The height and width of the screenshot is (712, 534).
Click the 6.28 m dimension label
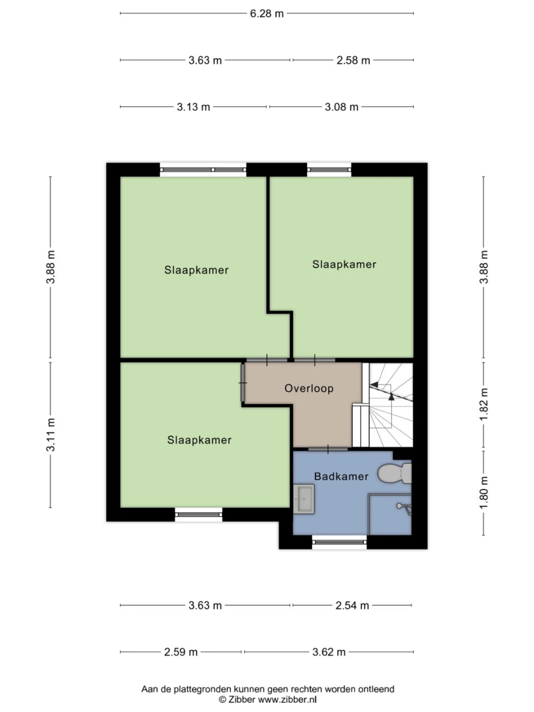coord(266,13)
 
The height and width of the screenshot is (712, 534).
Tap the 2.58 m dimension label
coord(353,60)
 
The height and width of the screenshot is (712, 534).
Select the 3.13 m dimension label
coord(193,107)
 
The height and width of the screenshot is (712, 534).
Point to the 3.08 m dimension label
coord(342,107)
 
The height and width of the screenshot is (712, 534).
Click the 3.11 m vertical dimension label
coord(51,434)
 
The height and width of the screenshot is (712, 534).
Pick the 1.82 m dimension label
coord(484,404)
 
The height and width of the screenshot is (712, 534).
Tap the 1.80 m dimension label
coord(484,492)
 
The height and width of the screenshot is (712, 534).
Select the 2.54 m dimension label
coord(352,605)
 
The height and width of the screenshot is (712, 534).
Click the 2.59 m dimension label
coord(181,652)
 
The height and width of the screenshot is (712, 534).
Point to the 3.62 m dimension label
coord(329,652)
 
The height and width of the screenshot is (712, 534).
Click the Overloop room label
coord(309,388)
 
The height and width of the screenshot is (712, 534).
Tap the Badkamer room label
coord(341,476)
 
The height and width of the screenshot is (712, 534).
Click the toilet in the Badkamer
coord(394,473)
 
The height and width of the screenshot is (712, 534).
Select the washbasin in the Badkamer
coord(304,499)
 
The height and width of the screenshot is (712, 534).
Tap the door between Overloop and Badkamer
coord(328,449)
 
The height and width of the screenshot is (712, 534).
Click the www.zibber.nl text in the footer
coord(287,699)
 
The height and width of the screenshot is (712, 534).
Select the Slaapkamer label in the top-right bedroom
coord(344,264)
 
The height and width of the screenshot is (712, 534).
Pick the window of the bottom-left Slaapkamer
coord(199,515)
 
